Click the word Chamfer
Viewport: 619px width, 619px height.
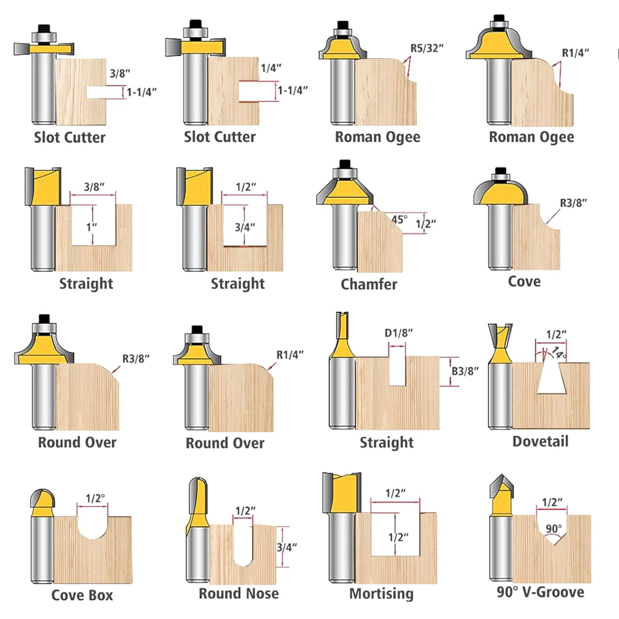(369, 284)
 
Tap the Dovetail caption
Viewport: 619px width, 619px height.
(540, 441)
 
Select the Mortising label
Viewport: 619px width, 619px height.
(381, 594)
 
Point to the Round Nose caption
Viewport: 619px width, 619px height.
(239, 594)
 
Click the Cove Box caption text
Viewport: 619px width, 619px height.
(82, 595)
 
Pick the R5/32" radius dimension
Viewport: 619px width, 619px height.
(427, 48)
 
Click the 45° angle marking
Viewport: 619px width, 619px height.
(399, 219)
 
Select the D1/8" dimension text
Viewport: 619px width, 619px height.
(398, 333)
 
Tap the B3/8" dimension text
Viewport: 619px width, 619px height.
(465, 371)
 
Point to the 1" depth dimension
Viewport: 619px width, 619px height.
(91, 227)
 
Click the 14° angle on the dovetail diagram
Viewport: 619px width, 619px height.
(558, 353)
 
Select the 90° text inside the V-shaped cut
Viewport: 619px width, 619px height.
(553, 529)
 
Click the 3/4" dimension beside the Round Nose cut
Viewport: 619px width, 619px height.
(287, 547)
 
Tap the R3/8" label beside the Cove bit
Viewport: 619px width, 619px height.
(573, 203)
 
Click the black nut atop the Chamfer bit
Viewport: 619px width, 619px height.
(345, 164)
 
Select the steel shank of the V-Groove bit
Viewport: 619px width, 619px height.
(501, 548)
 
